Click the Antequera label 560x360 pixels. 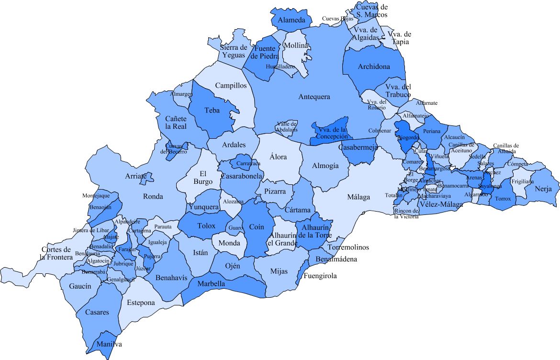(x=314, y=97)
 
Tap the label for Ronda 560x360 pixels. (x=153, y=196)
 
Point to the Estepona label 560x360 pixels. (x=141, y=303)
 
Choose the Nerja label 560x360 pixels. (x=543, y=189)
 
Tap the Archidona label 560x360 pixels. (x=374, y=67)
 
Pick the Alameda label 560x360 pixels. (x=291, y=21)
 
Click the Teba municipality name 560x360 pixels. (x=212, y=111)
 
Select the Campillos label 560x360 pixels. (x=231, y=86)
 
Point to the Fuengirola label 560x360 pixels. (x=320, y=276)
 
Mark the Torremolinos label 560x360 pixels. (x=348, y=247)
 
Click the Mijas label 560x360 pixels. (x=279, y=271)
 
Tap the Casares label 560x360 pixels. (x=97, y=312)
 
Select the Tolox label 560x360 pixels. (x=206, y=225)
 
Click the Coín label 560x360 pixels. (x=253, y=227)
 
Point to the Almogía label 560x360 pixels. (x=325, y=166)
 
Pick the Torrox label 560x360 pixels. (x=503, y=199)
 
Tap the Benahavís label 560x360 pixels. (x=168, y=278)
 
